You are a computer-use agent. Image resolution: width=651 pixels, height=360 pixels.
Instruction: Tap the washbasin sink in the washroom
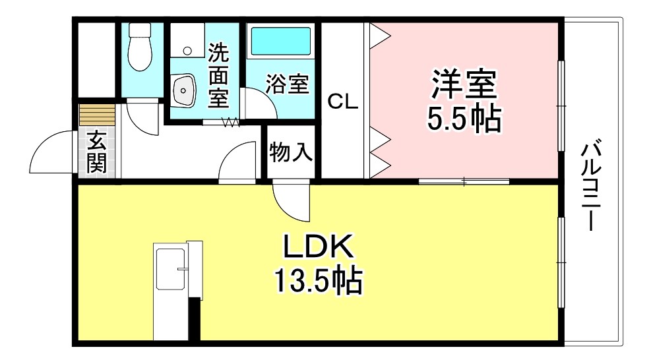point(183,90)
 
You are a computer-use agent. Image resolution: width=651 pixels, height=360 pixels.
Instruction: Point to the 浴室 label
point(288,84)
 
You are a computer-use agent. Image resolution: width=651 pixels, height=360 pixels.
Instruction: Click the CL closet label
point(343,102)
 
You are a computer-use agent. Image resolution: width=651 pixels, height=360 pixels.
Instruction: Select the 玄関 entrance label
point(97,152)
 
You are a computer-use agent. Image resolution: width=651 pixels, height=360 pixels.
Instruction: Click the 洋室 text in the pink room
point(464,84)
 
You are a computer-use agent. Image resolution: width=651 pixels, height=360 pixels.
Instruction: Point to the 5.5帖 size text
point(464,119)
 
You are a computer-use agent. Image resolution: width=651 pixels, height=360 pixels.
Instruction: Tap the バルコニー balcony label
point(590,185)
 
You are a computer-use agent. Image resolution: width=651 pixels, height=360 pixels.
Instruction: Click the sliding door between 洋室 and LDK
point(464,181)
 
